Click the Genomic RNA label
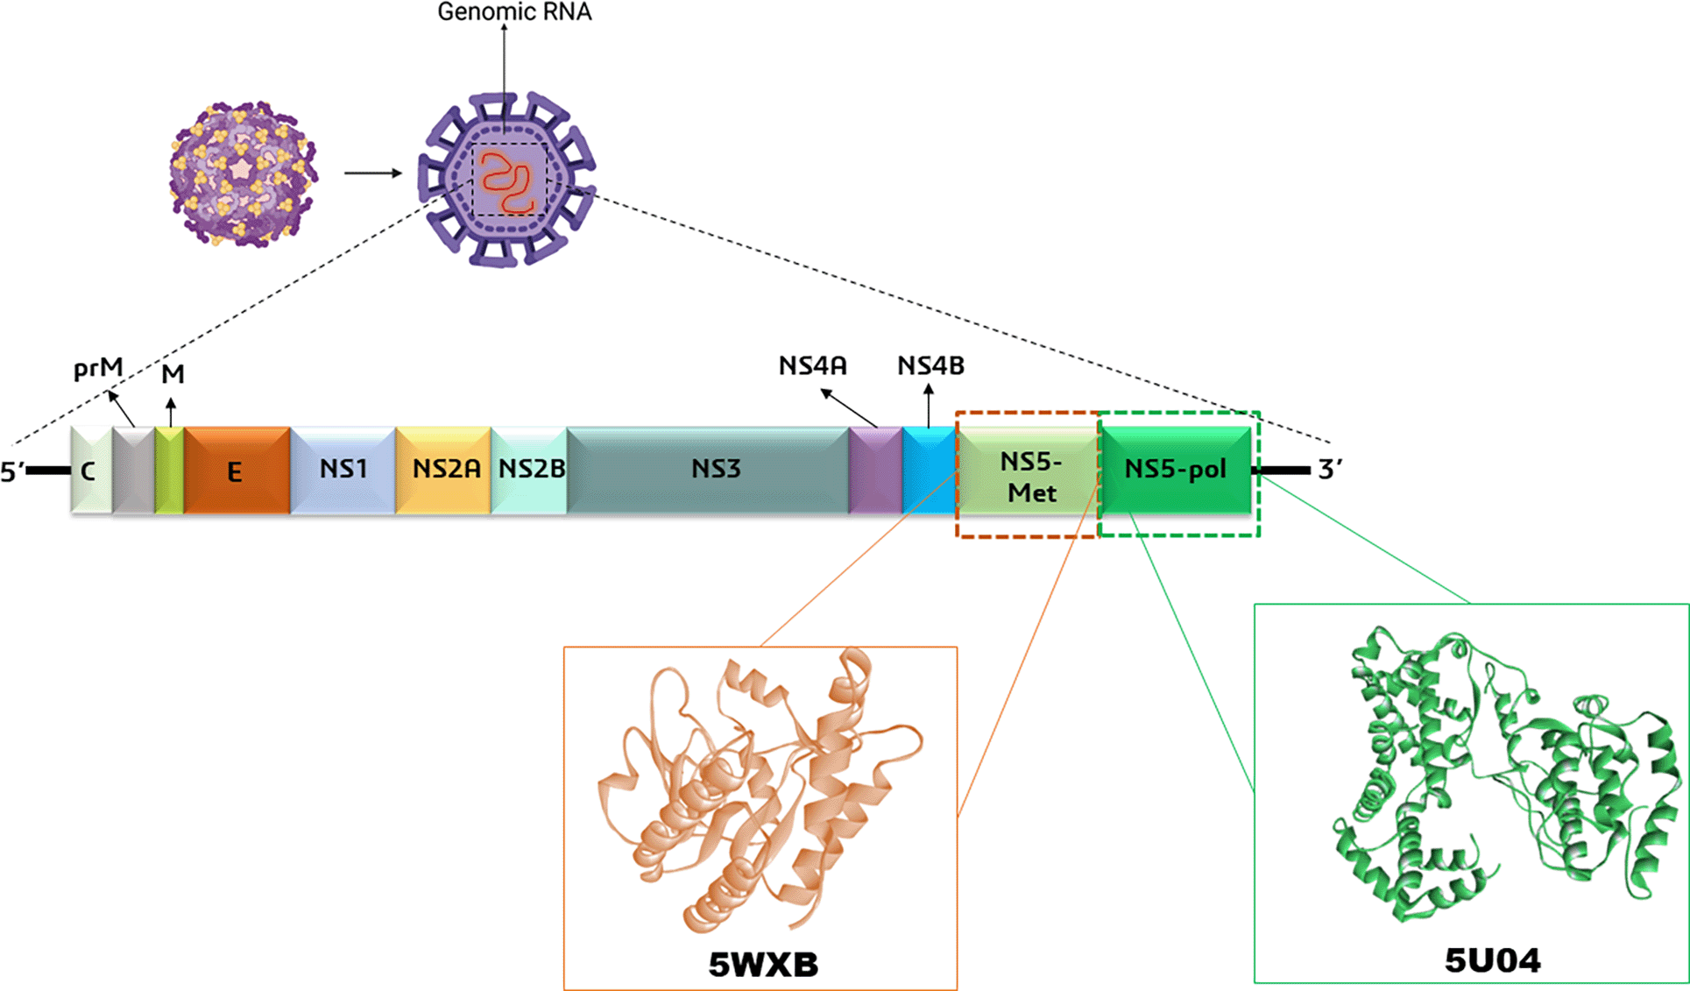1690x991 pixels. click(514, 12)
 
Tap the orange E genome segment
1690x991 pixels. click(237, 471)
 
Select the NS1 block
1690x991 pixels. click(343, 471)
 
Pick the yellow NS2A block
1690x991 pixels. click(443, 471)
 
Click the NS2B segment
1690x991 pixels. click(529, 471)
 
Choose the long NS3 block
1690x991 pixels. click(708, 471)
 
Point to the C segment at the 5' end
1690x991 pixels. click(91, 471)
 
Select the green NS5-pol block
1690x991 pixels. click(1176, 471)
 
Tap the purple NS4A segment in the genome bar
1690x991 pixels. click(875, 471)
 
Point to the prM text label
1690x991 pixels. click(98, 370)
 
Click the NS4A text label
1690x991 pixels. click(813, 366)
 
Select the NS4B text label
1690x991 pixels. click(930, 366)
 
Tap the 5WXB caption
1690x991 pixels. click(763, 965)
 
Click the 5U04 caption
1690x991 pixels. click(1492, 961)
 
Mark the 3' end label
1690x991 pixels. click(1330, 470)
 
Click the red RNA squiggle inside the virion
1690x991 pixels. click(508, 182)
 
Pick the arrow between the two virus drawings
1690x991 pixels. click(373, 173)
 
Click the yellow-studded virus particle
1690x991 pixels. click(243, 173)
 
